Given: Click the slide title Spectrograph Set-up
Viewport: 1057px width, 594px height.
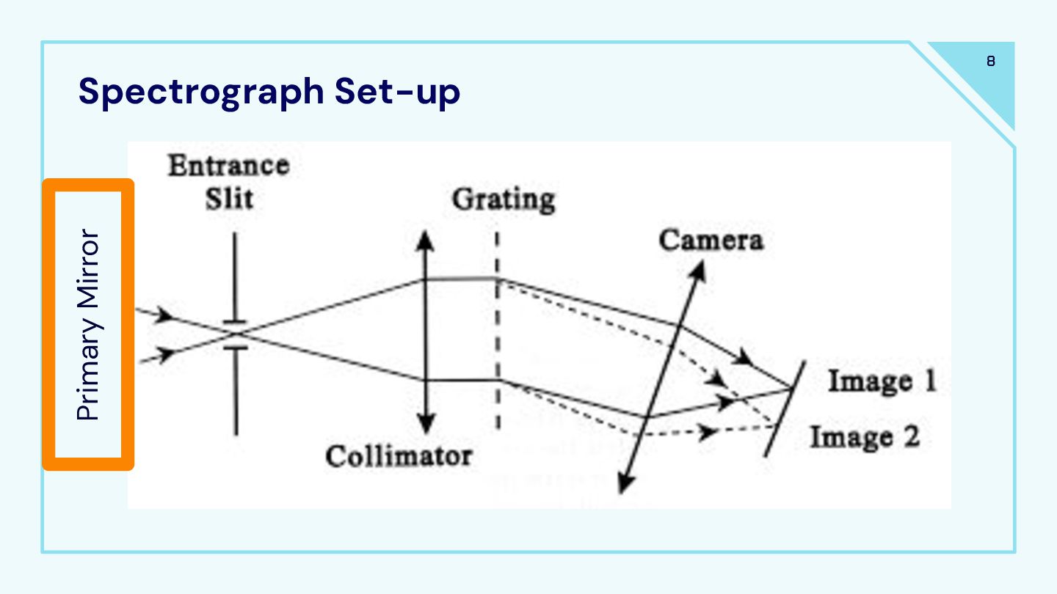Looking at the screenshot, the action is (269, 92).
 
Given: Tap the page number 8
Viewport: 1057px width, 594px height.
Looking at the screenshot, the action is (991, 62).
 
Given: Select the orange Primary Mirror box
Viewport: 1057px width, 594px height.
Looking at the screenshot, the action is (88, 324).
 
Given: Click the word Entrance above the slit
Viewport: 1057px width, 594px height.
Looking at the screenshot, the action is (228, 165).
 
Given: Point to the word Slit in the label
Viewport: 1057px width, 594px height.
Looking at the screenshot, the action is (228, 198).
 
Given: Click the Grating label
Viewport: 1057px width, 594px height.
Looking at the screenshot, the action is (503, 199).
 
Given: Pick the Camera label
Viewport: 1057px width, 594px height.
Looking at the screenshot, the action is (711, 240).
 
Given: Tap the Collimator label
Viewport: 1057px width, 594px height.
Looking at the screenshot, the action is (399, 456).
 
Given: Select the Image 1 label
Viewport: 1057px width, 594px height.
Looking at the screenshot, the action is (882, 381).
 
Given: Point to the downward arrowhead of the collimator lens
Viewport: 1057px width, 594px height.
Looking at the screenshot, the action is (425, 424).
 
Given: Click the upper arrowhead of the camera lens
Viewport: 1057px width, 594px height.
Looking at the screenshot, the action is (698, 271).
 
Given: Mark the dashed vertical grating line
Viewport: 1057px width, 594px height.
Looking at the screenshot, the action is (498, 330).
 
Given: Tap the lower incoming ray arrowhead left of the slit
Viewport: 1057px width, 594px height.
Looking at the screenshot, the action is (167, 355).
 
